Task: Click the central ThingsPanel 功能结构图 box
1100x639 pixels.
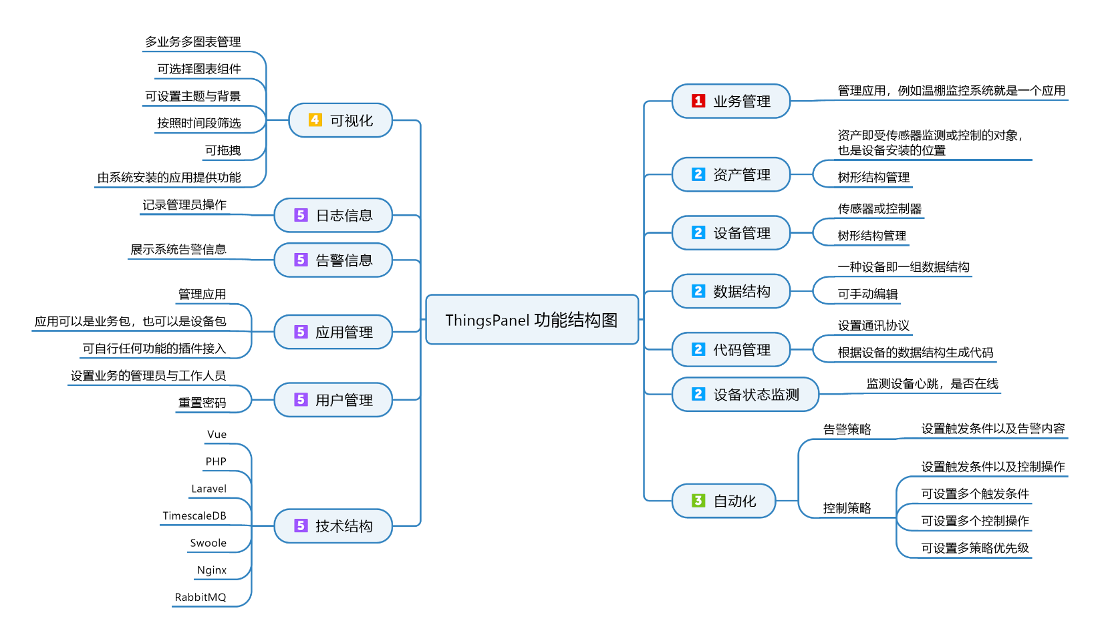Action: pos(532,320)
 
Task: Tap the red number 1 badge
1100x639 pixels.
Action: pos(698,101)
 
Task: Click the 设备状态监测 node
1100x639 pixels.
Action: pos(744,395)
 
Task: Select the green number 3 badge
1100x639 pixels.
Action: pos(698,501)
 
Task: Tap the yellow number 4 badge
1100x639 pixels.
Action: pos(315,120)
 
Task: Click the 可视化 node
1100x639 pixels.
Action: pos(340,120)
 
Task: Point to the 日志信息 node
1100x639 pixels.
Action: pos(333,215)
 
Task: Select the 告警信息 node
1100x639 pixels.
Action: pos(333,260)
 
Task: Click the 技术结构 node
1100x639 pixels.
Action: pos(333,526)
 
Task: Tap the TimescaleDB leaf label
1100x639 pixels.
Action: pos(194,516)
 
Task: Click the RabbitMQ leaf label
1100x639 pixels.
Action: pos(200,598)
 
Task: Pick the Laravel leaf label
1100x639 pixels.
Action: pos(209,489)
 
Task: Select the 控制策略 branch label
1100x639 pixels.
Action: pos(847,508)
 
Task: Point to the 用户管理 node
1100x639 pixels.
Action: pos(333,400)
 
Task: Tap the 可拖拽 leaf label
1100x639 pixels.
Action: pos(223,150)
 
